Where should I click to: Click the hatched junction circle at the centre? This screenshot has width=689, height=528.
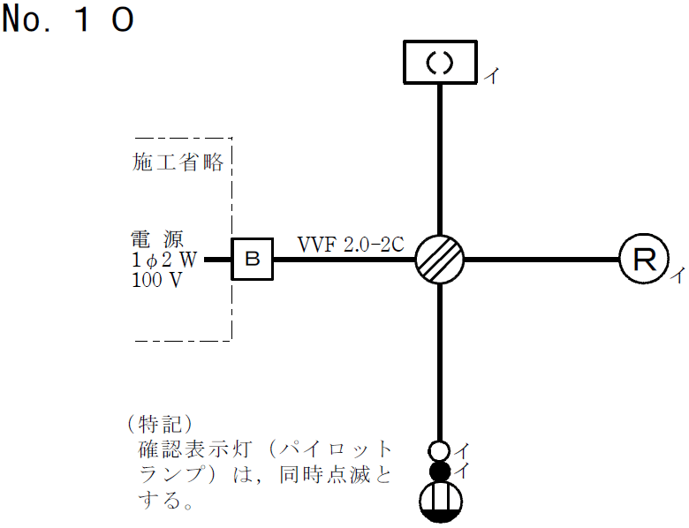tap(440, 260)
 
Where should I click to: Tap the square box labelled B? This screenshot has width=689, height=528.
tap(252, 260)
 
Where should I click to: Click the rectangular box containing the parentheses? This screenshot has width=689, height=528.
tap(440, 62)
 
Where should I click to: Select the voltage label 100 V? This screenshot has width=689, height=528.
tap(158, 280)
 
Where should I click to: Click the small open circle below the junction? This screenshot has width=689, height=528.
tap(440, 449)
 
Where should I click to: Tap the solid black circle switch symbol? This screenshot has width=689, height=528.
tap(440, 471)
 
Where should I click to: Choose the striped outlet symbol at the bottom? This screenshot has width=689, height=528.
tap(440, 504)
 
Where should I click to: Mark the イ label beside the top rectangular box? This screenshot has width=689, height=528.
tap(491, 76)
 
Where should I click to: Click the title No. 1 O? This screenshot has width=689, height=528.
tap(68, 19)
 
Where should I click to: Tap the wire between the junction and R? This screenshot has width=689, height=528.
tap(541, 260)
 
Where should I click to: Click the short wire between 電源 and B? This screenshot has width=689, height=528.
tap(217, 260)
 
